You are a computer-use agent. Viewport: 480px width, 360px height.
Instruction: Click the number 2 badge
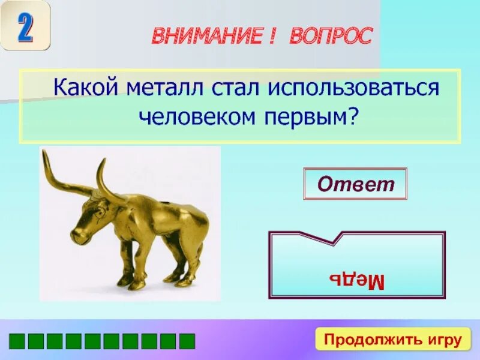25,25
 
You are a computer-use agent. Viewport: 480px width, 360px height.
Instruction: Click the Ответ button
355,184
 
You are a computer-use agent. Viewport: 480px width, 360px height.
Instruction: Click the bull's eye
96,210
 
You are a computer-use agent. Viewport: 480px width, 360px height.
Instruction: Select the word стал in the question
229,89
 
